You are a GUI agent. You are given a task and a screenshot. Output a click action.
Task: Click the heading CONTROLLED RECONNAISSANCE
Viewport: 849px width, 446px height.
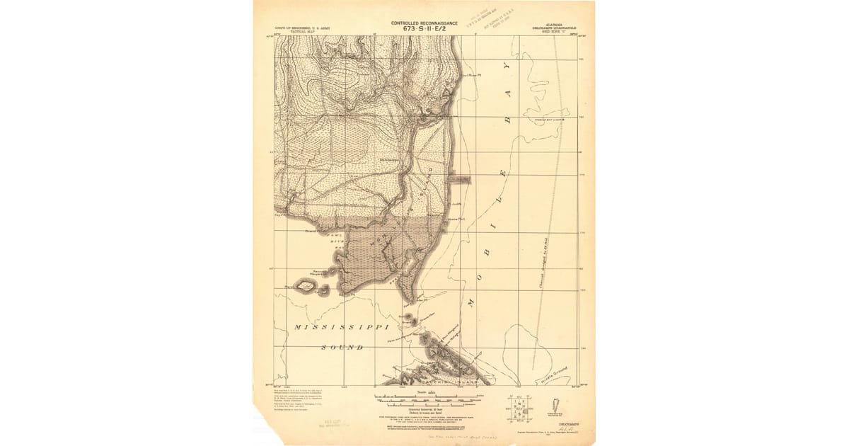(424, 23)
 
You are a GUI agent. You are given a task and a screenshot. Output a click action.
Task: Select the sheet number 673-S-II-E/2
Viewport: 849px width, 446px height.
(424, 29)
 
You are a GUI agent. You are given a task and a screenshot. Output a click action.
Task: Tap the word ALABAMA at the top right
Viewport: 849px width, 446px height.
(555, 25)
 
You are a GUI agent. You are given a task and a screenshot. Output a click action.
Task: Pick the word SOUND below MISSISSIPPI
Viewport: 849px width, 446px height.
(342, 348)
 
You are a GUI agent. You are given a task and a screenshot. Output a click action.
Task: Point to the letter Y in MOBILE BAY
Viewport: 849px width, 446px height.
(505, 67)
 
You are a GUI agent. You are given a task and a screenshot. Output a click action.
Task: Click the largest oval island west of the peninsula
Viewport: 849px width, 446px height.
(306, 286)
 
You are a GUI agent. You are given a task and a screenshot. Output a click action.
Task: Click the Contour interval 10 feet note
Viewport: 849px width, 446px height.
(424, 409)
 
